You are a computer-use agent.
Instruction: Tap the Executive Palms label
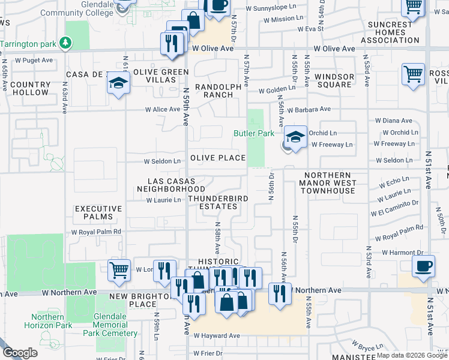coord(98,213)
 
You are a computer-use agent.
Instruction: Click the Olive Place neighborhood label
coord(218,158)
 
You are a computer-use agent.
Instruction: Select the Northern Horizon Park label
coord(48,321)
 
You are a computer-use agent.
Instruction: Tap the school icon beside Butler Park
coord(295,136)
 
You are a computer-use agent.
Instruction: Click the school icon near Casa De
coord(119,83)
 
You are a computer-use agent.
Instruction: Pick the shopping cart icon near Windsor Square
coord(413,75)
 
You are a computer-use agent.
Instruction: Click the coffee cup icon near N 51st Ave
coord(424,266)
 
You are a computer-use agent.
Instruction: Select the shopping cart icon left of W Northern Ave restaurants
coord(119,270)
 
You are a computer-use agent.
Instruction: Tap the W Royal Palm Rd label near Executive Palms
coord(96,231)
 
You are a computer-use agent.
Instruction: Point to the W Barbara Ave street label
coord(309,110)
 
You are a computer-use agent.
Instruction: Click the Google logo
coord(20,353)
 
